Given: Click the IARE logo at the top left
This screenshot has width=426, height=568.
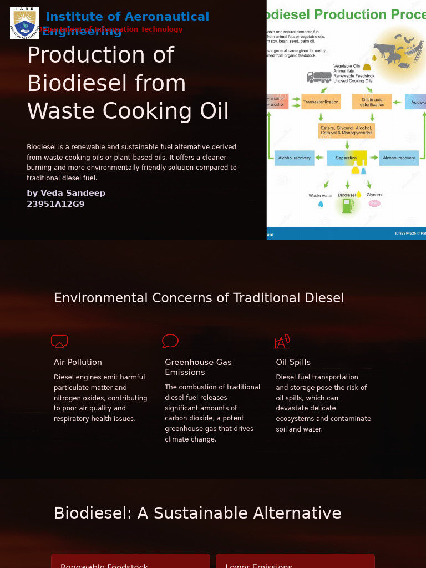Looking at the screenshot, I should [24, 23].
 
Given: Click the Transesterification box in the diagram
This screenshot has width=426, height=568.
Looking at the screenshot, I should [321, 102].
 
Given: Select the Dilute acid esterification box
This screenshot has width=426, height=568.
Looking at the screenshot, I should [372, 102].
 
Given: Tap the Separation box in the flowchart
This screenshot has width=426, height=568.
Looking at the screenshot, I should [347, 158].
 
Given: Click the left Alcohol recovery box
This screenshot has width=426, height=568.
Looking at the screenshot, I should [294, 158].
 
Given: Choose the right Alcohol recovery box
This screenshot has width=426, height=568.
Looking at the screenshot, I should [399, 158].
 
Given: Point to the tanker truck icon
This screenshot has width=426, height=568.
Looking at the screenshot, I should [319, 77].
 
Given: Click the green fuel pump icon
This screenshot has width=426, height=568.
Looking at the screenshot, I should [348, 206].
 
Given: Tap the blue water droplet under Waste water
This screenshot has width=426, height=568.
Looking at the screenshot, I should [321, 204].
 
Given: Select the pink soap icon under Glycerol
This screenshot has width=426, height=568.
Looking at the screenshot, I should [374, 204].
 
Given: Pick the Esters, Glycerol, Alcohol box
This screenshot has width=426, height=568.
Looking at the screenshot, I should [347, 130].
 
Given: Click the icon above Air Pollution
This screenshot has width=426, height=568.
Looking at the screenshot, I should [59, 341].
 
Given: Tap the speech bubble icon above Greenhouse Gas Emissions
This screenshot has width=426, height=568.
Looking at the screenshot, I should [170, 341].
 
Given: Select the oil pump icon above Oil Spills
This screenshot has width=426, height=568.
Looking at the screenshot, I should [282, 341].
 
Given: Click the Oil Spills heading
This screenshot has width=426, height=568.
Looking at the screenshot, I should [293, 362].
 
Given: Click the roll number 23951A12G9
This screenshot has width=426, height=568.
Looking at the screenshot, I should [55, 204].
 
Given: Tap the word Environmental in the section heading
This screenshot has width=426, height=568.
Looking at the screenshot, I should [100, 298].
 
